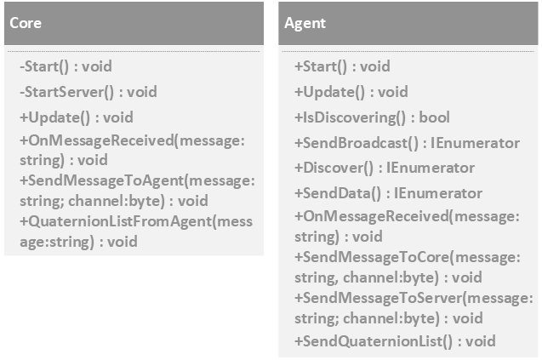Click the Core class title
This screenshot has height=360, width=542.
(26, 23)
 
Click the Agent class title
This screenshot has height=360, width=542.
(303, 24)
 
